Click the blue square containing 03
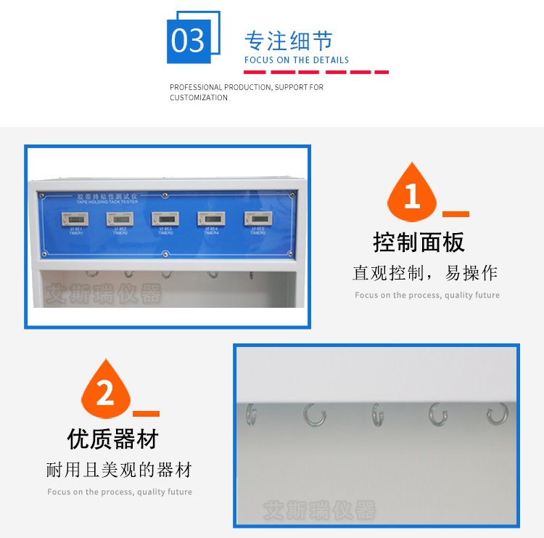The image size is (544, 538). (189, 41)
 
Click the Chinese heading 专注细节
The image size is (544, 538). (289, 40)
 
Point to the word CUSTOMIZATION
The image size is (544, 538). (199, 98)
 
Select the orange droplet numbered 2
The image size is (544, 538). (106, 393)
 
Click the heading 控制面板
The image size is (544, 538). (419, 242)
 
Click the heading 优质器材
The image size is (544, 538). (112, 439)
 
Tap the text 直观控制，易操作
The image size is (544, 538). (425, 274)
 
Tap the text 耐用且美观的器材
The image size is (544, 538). (119, 470)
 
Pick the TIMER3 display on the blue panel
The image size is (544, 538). (165, 217)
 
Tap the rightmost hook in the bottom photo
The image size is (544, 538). (498, 414)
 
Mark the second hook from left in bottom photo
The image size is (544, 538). (314, 414)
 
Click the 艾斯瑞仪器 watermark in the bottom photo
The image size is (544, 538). (319, 510)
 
